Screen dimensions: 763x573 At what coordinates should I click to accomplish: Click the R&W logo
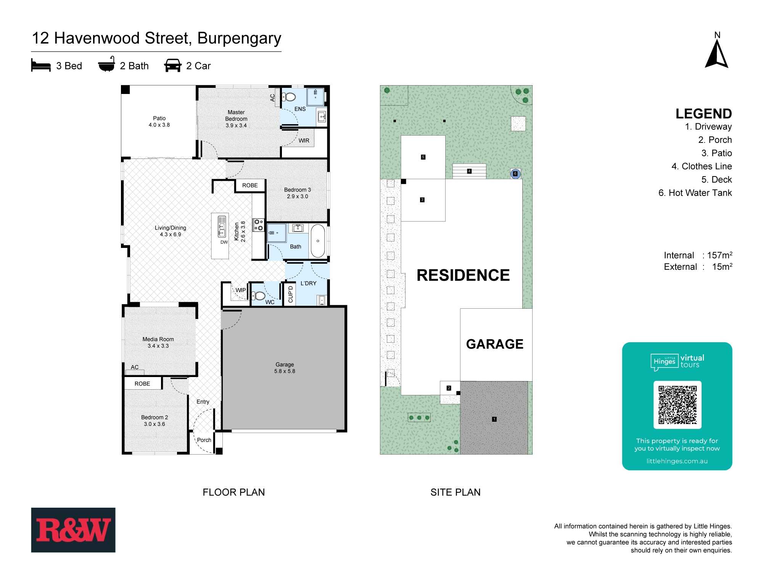click(73, 530)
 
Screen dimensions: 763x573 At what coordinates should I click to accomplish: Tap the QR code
click(677, 405)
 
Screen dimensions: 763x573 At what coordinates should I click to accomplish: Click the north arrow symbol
click(717, 54)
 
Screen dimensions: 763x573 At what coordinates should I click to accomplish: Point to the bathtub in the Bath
click(317, 241)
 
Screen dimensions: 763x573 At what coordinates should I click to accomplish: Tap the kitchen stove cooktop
click(258, 225)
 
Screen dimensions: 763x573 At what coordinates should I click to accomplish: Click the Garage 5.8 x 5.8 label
click(285, 368)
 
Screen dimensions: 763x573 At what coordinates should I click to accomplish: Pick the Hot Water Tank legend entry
click(695, 193)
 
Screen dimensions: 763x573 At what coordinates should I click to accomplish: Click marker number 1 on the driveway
click(494, 419)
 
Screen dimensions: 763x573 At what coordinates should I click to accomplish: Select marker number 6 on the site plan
click(515, 174)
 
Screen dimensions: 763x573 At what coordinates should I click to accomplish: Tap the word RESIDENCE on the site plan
click(463, 275)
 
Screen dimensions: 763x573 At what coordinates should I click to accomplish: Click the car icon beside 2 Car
click(173, 65)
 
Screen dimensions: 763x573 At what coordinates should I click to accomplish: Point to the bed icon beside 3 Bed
click(41, 65)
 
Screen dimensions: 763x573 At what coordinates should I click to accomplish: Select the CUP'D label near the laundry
click(291, 294)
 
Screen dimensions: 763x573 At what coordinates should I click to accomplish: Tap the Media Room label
click(158, 342)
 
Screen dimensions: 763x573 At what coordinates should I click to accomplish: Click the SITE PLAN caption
click(456, 492)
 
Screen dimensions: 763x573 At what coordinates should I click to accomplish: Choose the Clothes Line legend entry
click(702, 166)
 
